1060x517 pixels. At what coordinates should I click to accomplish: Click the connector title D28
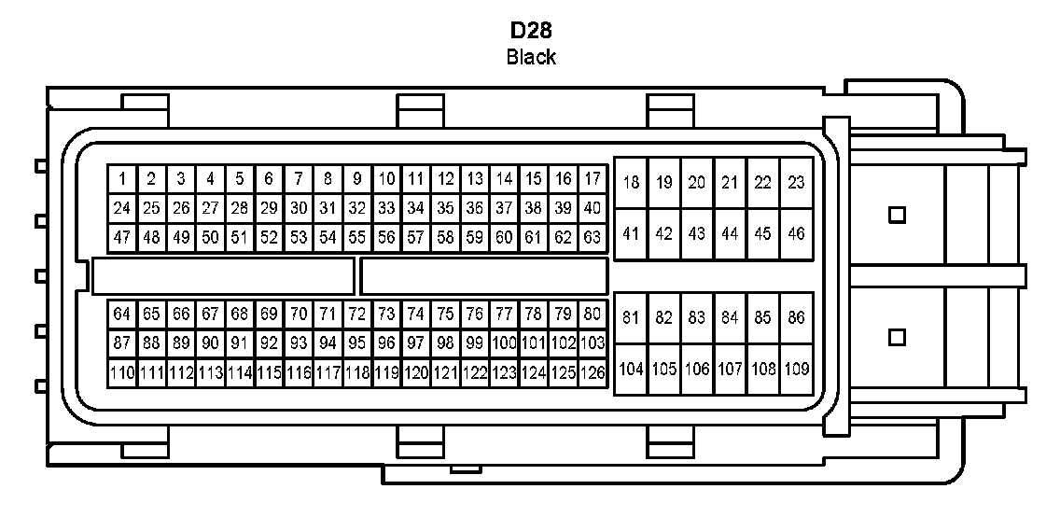pyautogui.click(x=529, y=31)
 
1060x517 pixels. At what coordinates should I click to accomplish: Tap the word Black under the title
pyautogui.click(x=530, y=57)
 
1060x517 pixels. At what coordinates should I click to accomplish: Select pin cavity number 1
pyautogui.click(x=121, y=178)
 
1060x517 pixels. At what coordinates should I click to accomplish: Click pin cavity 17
pyautogui.click(x=593, y=178)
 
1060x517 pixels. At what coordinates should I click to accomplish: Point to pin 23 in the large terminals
pyautogui.click(x=796, y=183)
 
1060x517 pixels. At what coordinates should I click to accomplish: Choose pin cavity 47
pyautogui.click(x=121, y=237)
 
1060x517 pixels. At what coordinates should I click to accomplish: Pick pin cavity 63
pyautogui.click(x=593, y=237)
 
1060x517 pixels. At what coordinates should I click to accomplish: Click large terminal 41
pyautogui.click(x=631, y=233)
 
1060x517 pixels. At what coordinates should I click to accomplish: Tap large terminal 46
pyautogui.click(x=796, y=233)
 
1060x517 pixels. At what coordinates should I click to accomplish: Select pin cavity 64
pyautogui.click(x=121, y=314)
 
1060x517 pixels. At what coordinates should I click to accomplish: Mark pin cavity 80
pyautogui.click(x=593, y=314)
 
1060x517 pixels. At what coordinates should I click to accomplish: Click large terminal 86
pyautogui.click(x=796, y=318)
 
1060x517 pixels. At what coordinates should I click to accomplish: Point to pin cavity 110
pyautogui.click(x=121, y=373)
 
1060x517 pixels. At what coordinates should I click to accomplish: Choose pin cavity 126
pyautogui.click(x=593, y=373)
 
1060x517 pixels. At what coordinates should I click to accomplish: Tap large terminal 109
pyautogui.click(x=796, y=369)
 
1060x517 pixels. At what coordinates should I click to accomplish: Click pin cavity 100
pyautogui.click(x=504, y=343)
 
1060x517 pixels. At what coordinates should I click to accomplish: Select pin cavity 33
pyautogui.click(x=386, y=207)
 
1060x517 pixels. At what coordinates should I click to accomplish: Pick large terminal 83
pyautogui.click(x=697, y=318)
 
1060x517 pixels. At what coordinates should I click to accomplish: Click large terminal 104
pyautogui.click(x=631, y=369)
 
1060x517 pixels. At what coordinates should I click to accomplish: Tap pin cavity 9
pyautogui.click(x=357, y=178)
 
